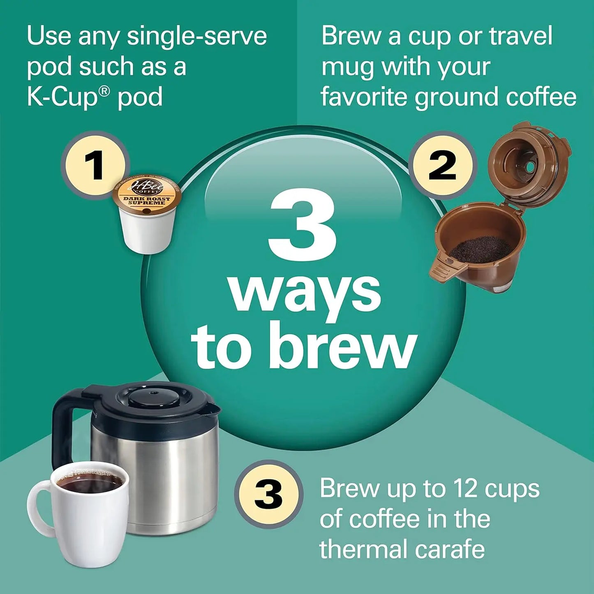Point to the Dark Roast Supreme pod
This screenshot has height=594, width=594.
(x=147, y=214)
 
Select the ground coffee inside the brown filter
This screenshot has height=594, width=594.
(x=481, y=249)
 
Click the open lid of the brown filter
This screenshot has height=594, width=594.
(x=528, y=164)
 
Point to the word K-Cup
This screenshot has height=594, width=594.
(x=62, y=97)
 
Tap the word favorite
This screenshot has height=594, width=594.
(x=364, y=97)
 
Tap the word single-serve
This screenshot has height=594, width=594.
(x=196, y=36)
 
